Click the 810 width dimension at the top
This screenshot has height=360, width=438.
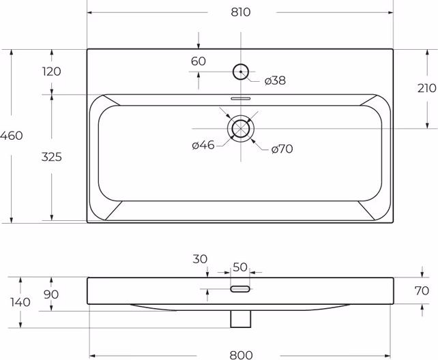coord(241,12)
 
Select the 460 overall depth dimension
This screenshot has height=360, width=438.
coord(11,136)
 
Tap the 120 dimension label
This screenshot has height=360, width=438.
coord(51,72)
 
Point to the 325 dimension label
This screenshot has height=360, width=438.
coord(51,157)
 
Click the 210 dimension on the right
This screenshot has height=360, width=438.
coord(427,89)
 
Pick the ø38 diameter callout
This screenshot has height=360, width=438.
coord(275,80)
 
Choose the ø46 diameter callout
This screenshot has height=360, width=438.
coord(203,145)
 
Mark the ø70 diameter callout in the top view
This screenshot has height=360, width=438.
coord(282,149)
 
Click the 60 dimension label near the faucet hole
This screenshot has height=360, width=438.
coord(199,61)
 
